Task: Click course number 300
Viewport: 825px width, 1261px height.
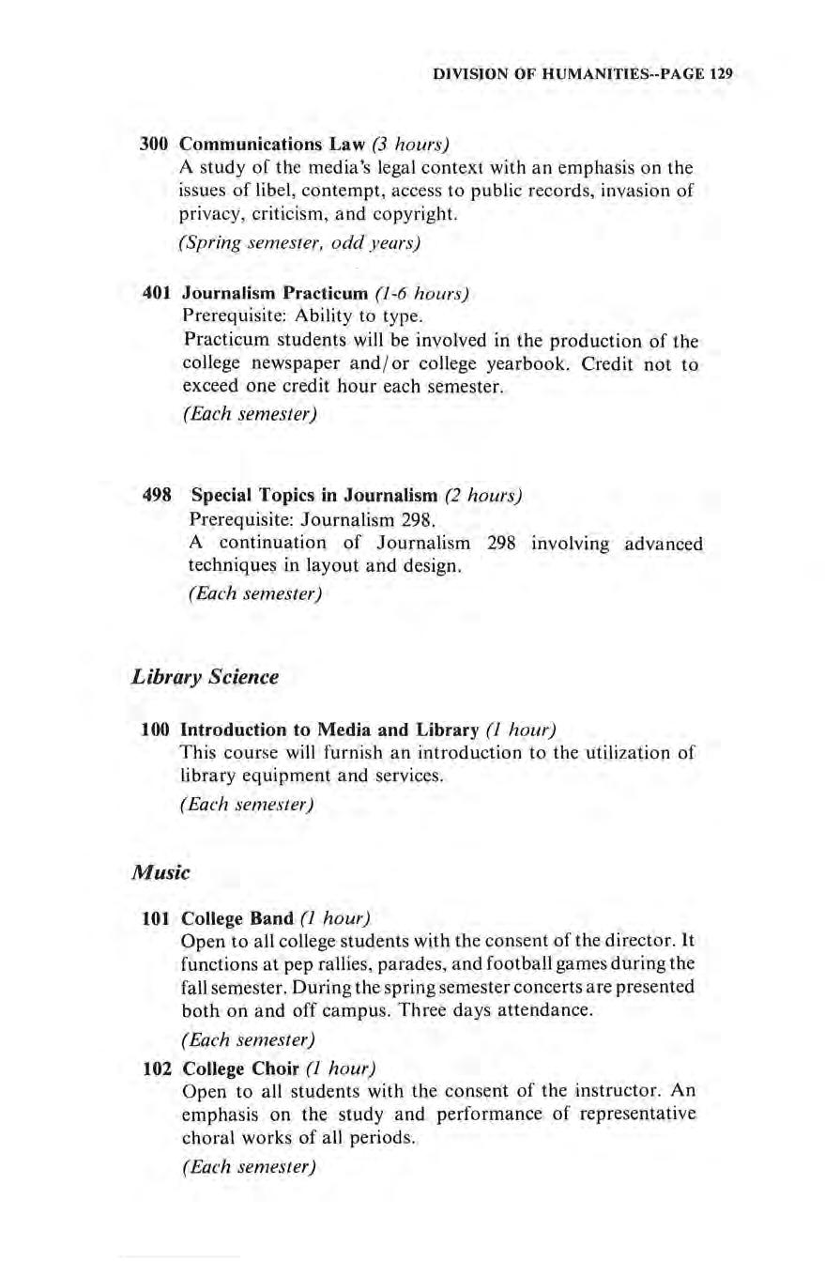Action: pos(153,145)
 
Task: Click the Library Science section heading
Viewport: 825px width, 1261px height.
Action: pos(206,677)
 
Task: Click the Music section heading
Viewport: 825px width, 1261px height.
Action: pos(160,872)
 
